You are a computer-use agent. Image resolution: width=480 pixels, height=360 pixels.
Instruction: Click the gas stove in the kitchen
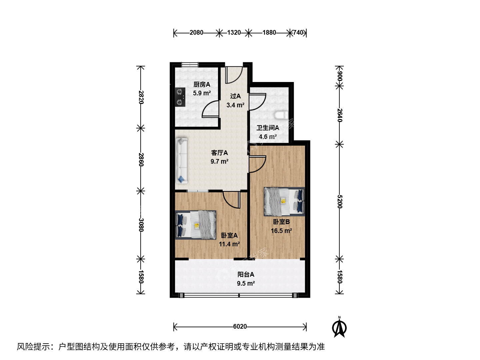point(180,97)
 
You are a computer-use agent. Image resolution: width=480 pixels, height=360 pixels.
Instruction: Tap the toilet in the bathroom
point(281,115)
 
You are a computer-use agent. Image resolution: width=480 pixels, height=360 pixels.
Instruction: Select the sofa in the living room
point(181,161)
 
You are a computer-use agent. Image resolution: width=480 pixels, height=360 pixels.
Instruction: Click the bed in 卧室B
point(284,202)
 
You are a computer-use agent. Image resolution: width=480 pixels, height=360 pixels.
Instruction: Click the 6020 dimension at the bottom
point(240,327)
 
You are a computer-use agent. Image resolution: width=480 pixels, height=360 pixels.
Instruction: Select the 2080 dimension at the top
point(196,33)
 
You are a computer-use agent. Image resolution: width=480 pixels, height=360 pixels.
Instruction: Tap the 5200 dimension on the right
point(340,202)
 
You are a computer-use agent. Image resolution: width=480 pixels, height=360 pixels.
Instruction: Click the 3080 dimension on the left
point(141,225)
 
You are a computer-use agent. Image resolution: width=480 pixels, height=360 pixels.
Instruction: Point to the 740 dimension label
point(298,33)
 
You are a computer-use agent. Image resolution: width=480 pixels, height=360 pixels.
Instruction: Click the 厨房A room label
point(202,84)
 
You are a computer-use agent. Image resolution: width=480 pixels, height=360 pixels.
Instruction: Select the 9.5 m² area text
point(246,283)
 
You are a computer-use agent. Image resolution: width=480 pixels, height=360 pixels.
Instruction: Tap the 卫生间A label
point(268,128)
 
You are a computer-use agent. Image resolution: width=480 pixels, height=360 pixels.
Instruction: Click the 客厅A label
point(219,153)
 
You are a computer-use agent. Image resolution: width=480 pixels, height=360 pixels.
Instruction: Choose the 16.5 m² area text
point(281,231)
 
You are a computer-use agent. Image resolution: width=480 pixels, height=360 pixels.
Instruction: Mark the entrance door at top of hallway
point(234,75)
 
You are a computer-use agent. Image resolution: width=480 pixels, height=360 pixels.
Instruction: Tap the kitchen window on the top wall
point(190,64)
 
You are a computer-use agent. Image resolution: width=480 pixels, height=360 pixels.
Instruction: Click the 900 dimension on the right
point(340,76)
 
